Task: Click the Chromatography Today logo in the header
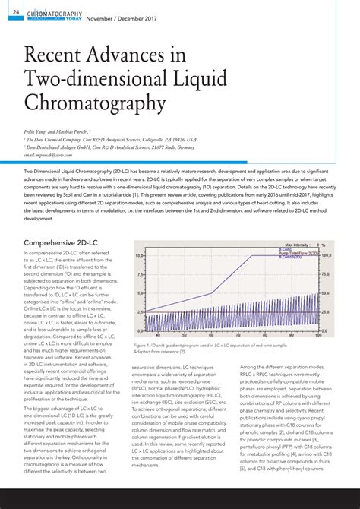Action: pyautogui.click(x=54, y=14)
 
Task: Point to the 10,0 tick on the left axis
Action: pyautogui.click(x=139, y=256)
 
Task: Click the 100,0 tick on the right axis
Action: pyautogui.click(x=326, y=256)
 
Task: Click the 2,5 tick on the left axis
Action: pyautogui.click(x=140, y=312)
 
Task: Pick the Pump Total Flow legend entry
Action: pyautogui.click(x=296, y=253)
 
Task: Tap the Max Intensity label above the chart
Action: pyautogui.click(x=289, y=245)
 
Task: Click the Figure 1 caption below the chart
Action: pyautogui.click(x=220, y=347)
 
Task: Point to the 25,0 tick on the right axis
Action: pyautogui.click(x=325, y=312)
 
